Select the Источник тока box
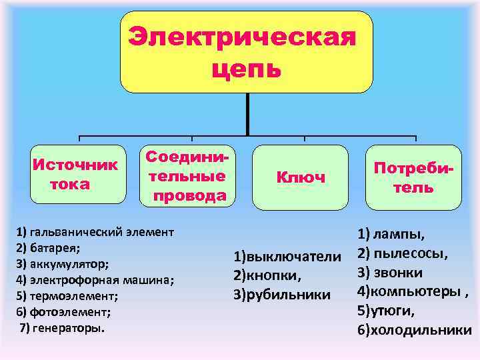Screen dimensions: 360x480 77,174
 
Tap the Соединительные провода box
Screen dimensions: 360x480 187,175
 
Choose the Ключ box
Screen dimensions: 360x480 301,177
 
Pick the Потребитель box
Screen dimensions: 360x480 413,177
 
